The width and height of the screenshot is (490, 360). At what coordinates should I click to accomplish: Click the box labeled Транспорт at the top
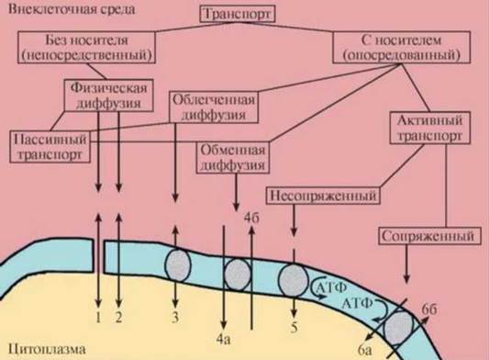coord(237,15)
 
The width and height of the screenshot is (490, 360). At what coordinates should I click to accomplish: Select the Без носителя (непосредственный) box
coord(86,47)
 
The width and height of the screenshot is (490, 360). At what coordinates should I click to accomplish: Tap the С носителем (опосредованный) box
coord(401,47)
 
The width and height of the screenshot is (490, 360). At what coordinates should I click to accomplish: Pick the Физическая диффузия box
coord(109,96)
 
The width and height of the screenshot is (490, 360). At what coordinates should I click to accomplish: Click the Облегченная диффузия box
coord(214,107)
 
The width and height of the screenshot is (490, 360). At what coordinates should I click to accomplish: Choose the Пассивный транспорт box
coord(50,147)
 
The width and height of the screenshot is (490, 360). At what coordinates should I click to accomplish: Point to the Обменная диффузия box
coord(232,158)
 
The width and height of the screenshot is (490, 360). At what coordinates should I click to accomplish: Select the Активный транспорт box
coord(429,128)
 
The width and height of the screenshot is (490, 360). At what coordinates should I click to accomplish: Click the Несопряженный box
coord(323,196)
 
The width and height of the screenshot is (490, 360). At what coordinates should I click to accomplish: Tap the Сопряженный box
coord(429,236)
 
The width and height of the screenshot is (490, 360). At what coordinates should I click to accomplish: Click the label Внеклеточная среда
coord(72,9)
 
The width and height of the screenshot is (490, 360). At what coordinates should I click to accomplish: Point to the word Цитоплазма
coord(47,349)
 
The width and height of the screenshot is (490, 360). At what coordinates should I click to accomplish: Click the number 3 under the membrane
coord(175,317)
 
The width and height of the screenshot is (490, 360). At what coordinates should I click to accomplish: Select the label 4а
coord(224,340)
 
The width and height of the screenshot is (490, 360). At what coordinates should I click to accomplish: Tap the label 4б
coord(251,218)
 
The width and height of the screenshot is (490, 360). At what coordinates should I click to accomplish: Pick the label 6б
coord(429,309)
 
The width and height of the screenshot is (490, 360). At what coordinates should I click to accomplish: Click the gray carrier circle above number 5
coord(293,280)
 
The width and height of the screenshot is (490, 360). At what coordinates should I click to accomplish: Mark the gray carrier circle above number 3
coord(177,265)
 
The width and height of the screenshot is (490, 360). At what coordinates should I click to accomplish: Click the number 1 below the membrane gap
coord(98,318)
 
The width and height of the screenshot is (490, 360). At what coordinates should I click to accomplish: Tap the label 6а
coord(364,350)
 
